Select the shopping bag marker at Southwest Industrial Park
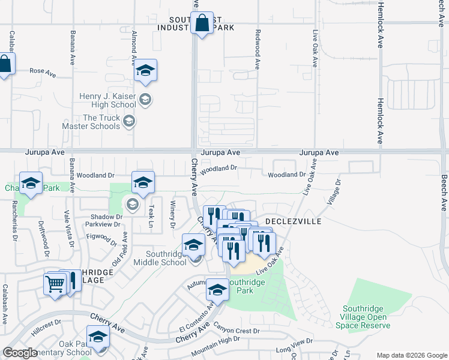(x=203, y=24)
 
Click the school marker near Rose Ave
(x=145, y=71)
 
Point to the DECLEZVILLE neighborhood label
(x=294, y=221)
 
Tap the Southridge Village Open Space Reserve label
(x=365, y=317)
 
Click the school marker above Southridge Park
(x=217, y=290)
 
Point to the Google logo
(x=20, y=353)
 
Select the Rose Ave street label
(x=43, y=73)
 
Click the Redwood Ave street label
(x=258, y=50)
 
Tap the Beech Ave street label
(x=444, y=193)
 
